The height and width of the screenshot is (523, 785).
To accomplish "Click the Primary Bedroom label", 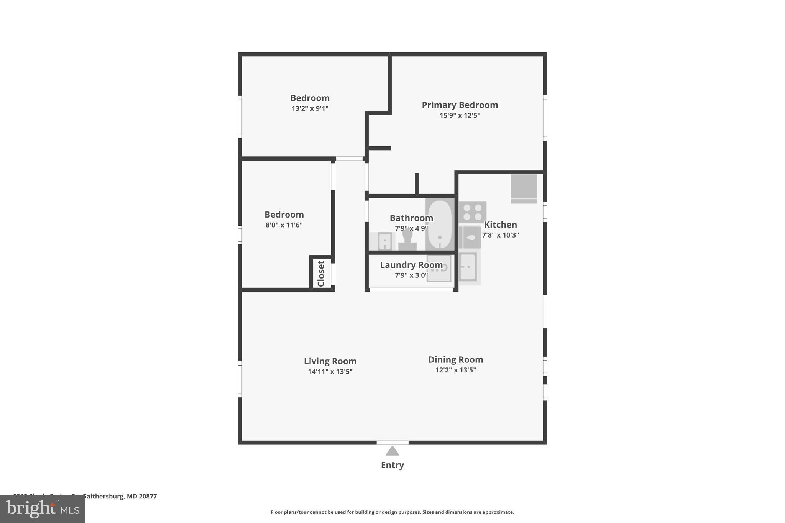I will (460, 105).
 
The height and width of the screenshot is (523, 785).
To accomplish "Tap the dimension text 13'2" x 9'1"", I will (310, 108).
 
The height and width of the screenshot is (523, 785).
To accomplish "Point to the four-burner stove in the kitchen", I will (472, 212).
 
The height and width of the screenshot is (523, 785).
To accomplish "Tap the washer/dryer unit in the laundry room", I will (439, 269).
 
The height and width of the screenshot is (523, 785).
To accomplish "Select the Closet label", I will (321, 273).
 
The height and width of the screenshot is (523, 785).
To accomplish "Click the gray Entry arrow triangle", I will (392, 451).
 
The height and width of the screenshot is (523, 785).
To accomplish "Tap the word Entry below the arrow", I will (392, 465).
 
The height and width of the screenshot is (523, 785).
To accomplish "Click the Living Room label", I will (330, 361).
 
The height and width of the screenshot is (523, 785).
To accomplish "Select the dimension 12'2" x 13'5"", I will (455, 370).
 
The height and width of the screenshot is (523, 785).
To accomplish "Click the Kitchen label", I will (500, 225).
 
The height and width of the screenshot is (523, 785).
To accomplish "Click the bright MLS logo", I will (43, 509).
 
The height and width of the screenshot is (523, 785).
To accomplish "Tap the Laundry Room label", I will (411, 265).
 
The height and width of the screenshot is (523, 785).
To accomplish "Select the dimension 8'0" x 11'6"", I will (284, 225).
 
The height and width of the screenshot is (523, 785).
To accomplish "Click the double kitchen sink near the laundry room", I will (468, 267).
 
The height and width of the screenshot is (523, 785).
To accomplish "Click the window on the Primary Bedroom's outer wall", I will (545, 118).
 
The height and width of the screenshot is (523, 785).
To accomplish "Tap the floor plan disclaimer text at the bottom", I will (392, 512).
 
